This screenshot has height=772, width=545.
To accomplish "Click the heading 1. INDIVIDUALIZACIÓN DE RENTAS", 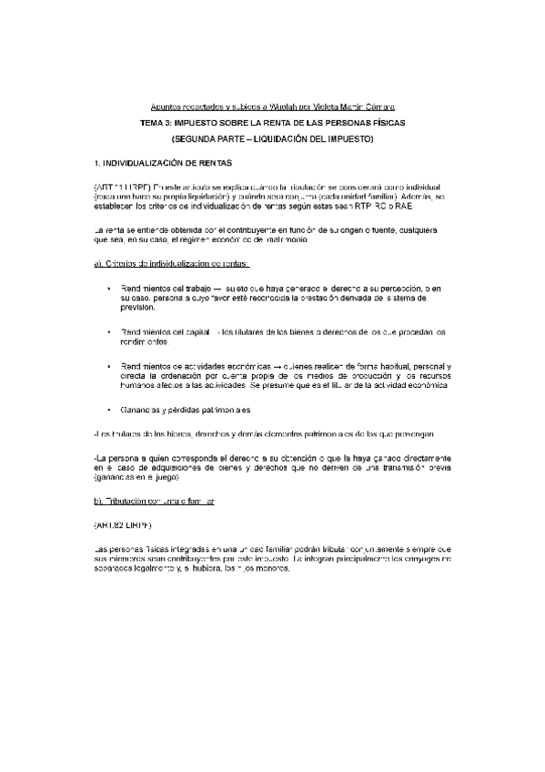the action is pyautogui.click(x=164, y=164).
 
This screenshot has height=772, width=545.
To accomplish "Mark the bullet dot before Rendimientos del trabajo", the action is pyautogui.click(x=109, y=289).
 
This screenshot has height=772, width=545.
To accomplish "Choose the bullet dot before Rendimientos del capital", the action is pyautogui.click(x=109, y=332).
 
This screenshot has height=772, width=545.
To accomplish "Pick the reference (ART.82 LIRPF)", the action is pyautogui.click(x=123, y=526).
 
